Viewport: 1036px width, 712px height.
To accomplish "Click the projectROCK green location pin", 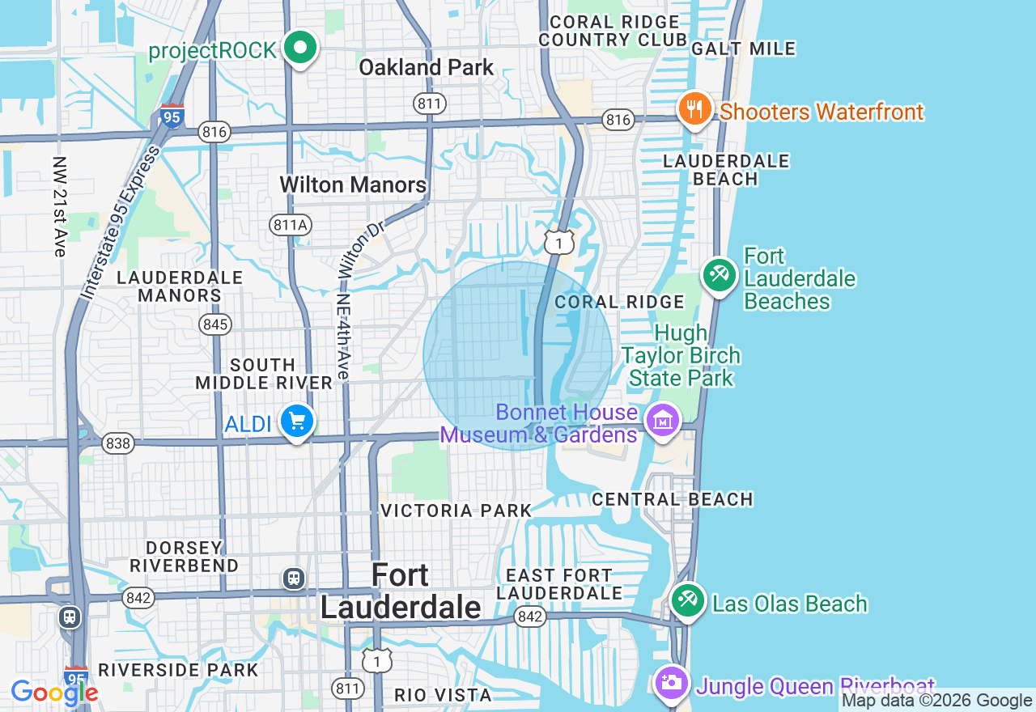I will click(x=300, y=49).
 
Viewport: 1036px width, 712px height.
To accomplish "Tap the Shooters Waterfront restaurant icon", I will click(x=694, y=110).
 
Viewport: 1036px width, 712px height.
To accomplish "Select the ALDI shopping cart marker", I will click(x=297, y=422).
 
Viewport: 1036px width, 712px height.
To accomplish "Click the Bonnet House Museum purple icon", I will click(x=663, y=421).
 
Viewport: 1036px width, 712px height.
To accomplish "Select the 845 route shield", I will click(x=216, y=325).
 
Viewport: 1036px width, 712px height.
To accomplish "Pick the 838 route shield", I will click(x=118, y=443).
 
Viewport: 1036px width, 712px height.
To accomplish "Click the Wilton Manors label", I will click(x=353, y=185).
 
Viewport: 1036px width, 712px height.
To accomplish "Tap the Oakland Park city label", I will click(x=426, y=67).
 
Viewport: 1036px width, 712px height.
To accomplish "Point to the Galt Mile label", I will click(x=744, y=49).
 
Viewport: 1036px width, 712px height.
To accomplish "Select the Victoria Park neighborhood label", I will click(x=456, y=511).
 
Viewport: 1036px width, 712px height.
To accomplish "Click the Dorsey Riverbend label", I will click(x=184, y=557).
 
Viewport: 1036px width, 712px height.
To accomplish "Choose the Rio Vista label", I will click(x=443, y=695).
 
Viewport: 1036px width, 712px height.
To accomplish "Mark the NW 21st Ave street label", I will click(x=58, y=207).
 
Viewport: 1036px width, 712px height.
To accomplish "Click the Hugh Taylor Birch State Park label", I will click(x=681, y=356).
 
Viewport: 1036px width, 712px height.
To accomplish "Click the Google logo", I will click(x=54, y=693).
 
